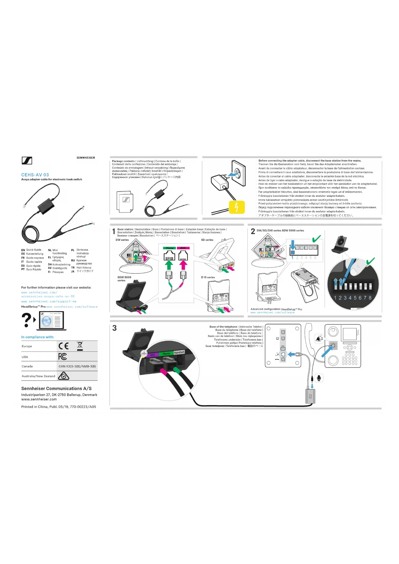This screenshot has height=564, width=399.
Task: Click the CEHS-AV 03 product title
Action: pyautogui.click(x=35, y=175)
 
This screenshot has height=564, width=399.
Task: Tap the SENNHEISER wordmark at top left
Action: pyautogui.click(x=86, y=158)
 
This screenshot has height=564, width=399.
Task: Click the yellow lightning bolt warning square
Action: pyautogui.click(x=237, y=207)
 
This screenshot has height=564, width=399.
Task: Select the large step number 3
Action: pyautogui.click(x=114, y=328)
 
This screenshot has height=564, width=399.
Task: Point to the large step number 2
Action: pyautogui.click(x=253, y=232)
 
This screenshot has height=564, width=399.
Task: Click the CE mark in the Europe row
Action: pyautogui.click(x=64, y=346)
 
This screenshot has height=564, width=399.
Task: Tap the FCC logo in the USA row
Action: pyautogui.click(x=63, y=356)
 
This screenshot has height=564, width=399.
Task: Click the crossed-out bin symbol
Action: pyautogui.click(x=80, y=346)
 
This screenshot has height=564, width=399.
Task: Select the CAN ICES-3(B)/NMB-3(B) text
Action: pyautogui.click(x=77, y=366)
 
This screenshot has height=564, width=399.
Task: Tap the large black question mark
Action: pyautogui.click(x=26, y=320)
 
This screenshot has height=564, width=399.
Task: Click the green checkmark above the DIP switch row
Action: pyautogui.click(x=316, y=239)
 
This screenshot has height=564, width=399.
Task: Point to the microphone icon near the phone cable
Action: pyautogui.click(x=319, y=378)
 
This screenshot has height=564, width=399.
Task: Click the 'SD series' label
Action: pyautogui.click(x=207, y=240)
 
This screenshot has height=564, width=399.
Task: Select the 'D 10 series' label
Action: pyautogui.click(x=208, y=277)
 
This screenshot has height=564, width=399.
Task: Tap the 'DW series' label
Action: pyautogui.click(x=122, y=240)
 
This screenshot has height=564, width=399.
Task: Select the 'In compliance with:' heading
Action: pyautogui.click(x=38, y=337)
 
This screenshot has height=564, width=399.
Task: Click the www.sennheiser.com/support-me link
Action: pyautogui.click(x=49, y=302)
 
